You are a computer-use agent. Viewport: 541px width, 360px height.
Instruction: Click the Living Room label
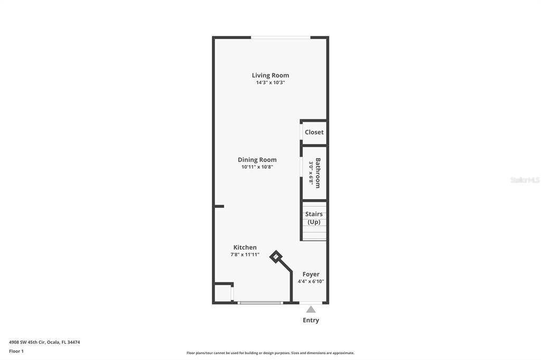(x=270, y=75)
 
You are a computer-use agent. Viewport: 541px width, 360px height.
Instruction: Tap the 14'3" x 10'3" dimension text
(x=270, y=83)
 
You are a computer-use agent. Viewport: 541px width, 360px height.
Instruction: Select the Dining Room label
(x=257, y=160)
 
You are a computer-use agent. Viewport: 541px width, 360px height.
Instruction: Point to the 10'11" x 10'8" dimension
(x=257, y=167)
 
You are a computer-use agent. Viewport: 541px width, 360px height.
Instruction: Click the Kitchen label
(x=245, y=248)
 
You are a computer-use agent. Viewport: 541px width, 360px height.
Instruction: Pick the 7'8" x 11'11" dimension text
(x=245, y=254)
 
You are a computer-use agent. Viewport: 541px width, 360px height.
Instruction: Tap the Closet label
(x=314, y=132)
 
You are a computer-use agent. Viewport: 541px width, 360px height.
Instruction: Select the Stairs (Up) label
(x=314, y=218)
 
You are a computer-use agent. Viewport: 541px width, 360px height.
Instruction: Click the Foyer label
(x=311, y=274)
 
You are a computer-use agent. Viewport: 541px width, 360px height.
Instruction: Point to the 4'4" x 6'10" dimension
(x=311, y=281)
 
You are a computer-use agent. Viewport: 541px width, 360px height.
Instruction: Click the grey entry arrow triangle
(x=311, y=309)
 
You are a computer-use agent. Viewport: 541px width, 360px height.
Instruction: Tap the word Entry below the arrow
(x=311, y=320)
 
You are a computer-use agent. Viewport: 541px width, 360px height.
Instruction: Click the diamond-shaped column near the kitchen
(x=276, y=257)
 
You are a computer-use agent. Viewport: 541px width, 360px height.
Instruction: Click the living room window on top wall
(x=280, y=37)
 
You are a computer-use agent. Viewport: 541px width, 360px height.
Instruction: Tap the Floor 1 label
(x=16, y=351)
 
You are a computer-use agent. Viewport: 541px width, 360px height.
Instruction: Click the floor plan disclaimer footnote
(x=270, y=353)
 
